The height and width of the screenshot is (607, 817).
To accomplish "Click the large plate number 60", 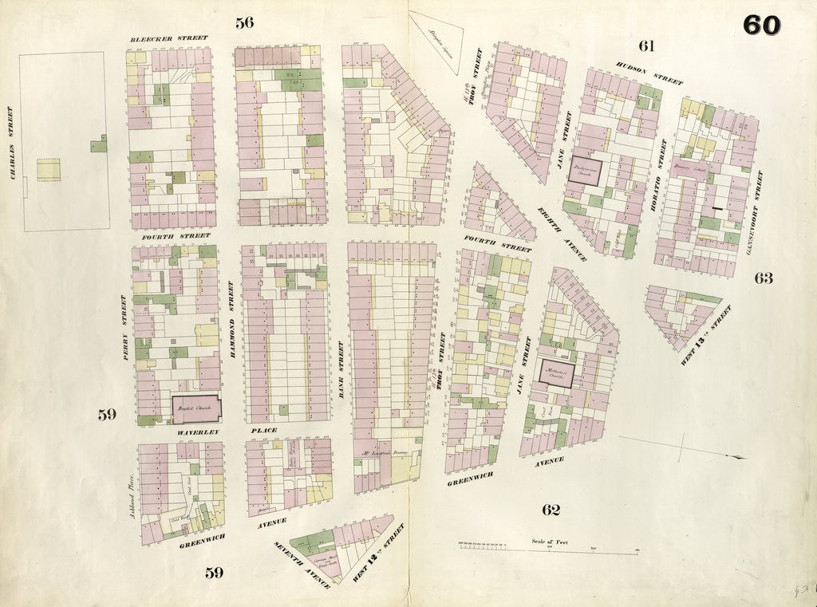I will click(761, 26).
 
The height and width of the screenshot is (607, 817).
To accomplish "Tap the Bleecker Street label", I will click(170, 38).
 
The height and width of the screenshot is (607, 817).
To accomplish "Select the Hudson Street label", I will click(649, 74).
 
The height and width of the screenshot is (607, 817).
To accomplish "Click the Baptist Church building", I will click(195, 409).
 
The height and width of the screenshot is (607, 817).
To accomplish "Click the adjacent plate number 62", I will click(551, 510).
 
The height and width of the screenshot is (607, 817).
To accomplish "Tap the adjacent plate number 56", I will click(244, 22).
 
